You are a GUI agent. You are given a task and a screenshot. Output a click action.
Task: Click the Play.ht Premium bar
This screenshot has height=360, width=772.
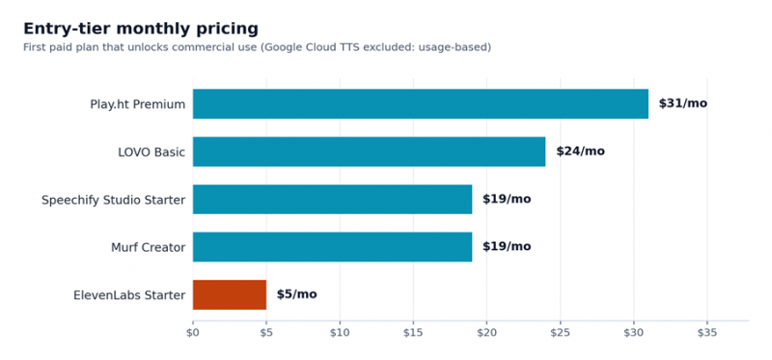tap(421, 104)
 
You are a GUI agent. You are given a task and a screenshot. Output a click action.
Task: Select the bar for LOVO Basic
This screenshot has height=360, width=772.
tap(369, 152)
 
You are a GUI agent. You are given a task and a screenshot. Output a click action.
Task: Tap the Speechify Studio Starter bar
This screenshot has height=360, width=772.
tap(332, 200)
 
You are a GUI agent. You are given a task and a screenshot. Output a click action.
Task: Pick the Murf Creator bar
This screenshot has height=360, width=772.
tap(332, 247)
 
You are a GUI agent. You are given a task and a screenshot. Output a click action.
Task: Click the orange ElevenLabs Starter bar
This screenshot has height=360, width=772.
tap(230, 294)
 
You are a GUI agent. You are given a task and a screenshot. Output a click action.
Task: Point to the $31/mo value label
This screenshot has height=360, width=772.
tap(683, 103)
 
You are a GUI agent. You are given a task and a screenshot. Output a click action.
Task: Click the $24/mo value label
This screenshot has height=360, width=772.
tap(581, 152)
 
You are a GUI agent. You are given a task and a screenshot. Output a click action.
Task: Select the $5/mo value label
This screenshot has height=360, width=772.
tap(297, 294)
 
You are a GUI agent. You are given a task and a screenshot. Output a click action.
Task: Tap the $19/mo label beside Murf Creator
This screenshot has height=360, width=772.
tap(507, 247)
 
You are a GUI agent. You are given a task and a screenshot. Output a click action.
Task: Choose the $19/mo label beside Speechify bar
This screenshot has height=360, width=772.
tap(507, 199)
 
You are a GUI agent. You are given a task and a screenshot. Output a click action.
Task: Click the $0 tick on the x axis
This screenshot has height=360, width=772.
tap(192, 333)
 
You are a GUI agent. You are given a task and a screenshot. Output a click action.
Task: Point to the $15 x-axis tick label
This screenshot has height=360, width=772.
tap(413, 333)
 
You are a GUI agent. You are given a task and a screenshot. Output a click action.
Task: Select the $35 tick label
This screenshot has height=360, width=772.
tap(707, 333)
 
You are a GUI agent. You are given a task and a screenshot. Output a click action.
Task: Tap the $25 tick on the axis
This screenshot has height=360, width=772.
tap(561, 333)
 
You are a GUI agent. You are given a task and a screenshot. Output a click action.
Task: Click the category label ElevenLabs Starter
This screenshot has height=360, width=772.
tap(129, 295)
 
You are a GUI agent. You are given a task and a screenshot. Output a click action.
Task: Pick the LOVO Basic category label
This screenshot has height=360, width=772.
tap(152, 152)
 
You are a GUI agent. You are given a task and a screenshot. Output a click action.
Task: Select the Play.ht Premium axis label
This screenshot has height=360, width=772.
tap(138, 104)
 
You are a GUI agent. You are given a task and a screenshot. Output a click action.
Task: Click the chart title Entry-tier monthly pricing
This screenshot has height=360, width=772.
tap(141, 29)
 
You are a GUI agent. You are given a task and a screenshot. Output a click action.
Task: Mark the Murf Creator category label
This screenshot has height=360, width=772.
tap(149, 247)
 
